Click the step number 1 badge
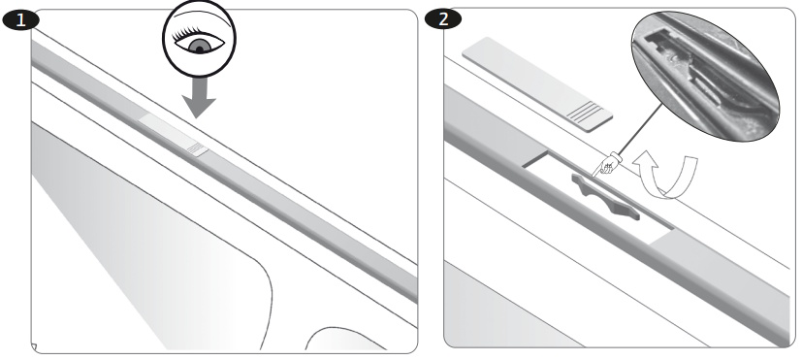[21, 20]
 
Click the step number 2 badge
[443, 19]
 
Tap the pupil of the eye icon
[199, 49]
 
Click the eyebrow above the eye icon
[199, 16]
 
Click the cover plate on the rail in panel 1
[174, 135]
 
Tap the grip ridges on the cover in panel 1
[197, 149]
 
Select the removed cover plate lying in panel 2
[537, 84]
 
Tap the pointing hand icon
[607, 165]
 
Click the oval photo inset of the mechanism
[705, 77]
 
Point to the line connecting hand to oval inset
[642, 128]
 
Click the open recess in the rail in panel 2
[598, 197]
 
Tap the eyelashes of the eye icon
[188, 33]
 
